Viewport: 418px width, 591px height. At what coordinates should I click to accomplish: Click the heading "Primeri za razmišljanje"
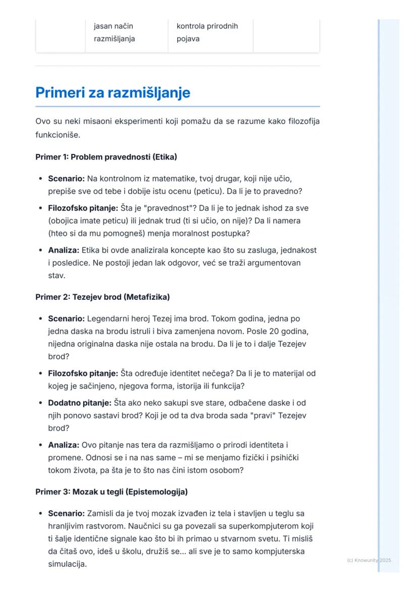(x=113, y=93)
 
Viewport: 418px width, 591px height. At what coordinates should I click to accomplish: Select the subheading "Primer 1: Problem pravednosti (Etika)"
(x=106, y=157)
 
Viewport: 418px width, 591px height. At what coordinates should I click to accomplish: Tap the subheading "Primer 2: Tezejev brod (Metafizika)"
(x=102, y=297)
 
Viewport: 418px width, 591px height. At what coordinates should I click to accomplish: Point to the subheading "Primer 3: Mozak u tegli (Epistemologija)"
(x=112, y=492)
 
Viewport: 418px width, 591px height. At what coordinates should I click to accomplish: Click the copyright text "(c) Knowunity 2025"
(x=369, y=560)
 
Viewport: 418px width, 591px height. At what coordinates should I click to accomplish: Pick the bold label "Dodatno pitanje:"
(x=79, y=403)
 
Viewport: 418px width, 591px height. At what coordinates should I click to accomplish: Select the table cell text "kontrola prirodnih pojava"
(x=207, y=32)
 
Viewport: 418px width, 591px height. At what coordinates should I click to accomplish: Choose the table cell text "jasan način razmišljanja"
(x=115, y=32)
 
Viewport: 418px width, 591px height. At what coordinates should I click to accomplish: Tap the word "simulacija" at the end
(x=67, y=564)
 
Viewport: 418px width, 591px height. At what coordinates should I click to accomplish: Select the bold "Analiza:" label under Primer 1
(x=64, y=250)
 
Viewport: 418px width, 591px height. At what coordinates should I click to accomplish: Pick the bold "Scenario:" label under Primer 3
(x=66, y=513)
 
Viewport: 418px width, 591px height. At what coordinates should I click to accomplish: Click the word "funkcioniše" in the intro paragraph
(x=58, y=135)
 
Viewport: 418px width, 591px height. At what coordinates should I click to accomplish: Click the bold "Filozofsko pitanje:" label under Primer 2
(x=83, y=373)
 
